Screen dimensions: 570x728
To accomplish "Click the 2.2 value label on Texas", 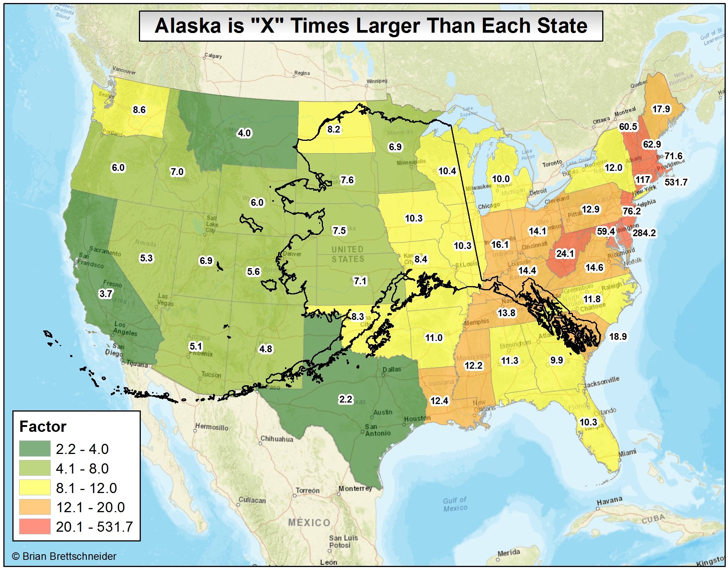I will pyautogui.click(x=345, y=399).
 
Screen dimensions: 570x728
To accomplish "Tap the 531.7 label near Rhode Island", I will pyautogui.click(x=676, y=182).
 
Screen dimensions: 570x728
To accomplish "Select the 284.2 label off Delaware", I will pyautogui.click(x=644, y=233).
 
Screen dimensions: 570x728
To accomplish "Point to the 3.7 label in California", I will pyautogui.click(x=106, y=294).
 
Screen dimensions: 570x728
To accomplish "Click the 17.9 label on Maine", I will pyautogui.click(x=661, y=109).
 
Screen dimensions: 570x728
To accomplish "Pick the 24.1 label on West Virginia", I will pyautogui.click(x=565, y=254).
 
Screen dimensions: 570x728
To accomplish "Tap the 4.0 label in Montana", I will pyautogui.click(x=244, y=133).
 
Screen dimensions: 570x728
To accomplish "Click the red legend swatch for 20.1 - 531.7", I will pyautogui.click(x=35, y=526).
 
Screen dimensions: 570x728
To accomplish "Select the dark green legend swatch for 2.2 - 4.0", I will pyautogui.click(x=35, y=449).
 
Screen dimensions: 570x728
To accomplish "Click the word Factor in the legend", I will pyautogui.click(x=42, y=427).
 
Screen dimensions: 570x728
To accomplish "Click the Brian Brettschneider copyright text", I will pyautogui.click(x=64, y=556).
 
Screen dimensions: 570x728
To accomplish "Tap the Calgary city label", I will pyautogui.click(x=213, y=56).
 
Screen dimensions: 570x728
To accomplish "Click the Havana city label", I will pyautogui.click(x=609, y=501).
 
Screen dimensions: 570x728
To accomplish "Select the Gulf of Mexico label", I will pyautogui.click(x=455, y=504).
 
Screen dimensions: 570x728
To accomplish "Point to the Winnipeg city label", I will pyautogui.click(x=377, y=81).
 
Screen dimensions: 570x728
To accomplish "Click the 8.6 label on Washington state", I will pyautogui.click(x=139, y=110).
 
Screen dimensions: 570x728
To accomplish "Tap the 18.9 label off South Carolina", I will pyautogui.click(x=618, y=336).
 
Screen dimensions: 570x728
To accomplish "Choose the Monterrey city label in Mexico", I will pyautogui.click(x=355, y=489).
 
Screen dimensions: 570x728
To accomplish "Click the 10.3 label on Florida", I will pyautogui.click(x=588, y=422).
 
